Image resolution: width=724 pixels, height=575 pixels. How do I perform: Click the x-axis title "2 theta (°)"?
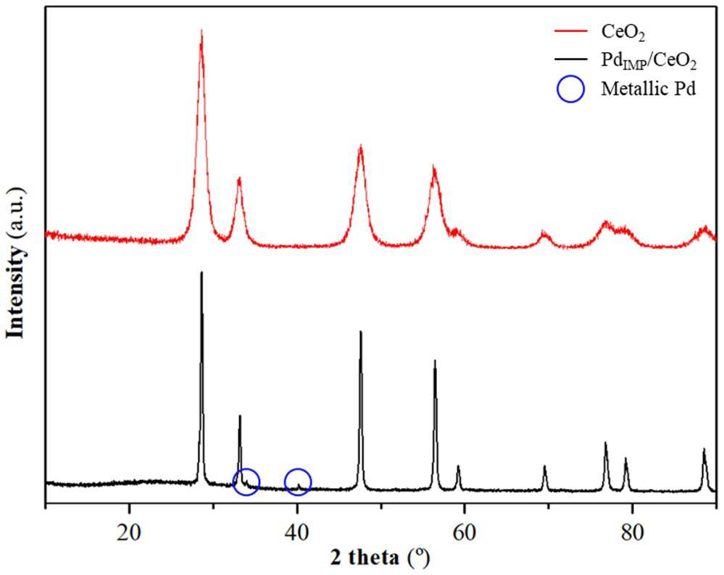(380, 558)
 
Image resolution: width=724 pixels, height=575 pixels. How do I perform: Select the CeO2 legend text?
(623, 33)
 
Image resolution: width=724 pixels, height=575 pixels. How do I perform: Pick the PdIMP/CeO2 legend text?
(649, 62)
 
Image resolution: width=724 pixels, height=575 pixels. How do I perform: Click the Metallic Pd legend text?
(648, 88)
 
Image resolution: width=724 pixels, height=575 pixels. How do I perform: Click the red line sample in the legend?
(570, 31)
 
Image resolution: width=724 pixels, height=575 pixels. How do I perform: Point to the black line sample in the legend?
(570, 59)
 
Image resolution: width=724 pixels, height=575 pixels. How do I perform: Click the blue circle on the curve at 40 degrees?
(298, 469)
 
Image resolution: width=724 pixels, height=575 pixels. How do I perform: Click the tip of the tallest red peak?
(201, 30)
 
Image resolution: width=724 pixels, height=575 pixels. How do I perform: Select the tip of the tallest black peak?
(201, 272)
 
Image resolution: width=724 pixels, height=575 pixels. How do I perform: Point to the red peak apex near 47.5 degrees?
(360, 146)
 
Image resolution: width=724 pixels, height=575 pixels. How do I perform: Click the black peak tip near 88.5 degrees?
(704, 448)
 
